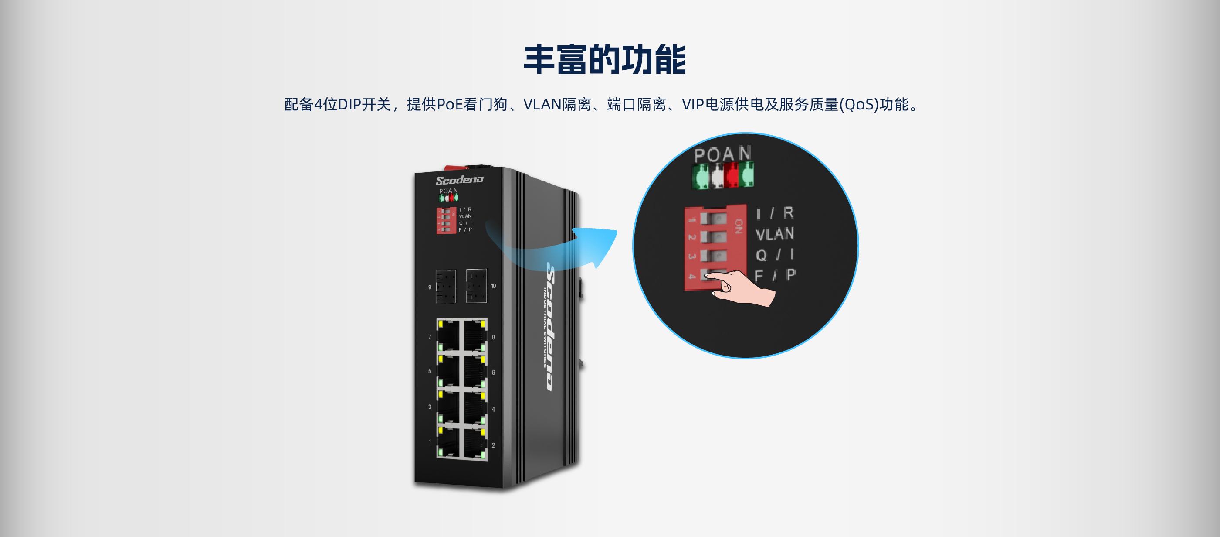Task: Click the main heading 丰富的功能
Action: point(605,60)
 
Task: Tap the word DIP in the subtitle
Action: point(349,104)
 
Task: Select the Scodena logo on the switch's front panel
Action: point(459,180)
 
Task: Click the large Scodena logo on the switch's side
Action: point(551,327)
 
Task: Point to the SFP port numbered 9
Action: point(445,286)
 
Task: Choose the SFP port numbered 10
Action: point(476,285)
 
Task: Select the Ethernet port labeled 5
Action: point(448,371)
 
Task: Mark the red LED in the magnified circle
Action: point(732,175)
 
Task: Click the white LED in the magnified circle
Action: point(718,176)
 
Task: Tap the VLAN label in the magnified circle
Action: point(775,234)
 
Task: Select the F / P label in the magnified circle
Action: point(775,275)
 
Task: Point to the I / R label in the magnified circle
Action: point(775,213)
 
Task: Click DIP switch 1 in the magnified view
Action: point(713,219)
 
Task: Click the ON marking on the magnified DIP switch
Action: point(738,226)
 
